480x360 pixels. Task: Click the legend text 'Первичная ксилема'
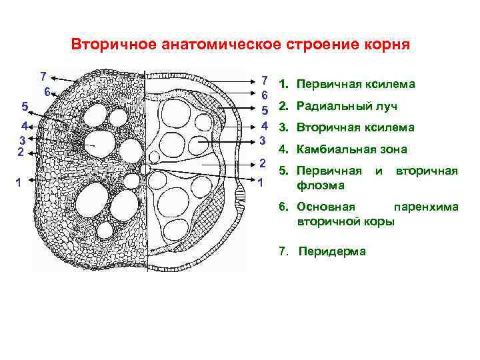[x=356, y=85]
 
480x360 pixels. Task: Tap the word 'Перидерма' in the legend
[x=332, y=251]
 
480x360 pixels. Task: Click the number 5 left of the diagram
[x=25, y=106]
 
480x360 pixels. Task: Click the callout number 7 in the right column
[x=265, y=79]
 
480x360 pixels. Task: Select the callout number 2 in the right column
[x=263, y=164]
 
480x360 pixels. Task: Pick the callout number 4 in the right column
[x=264, y=125]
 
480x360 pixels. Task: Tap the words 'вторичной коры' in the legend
[x=346, y=220]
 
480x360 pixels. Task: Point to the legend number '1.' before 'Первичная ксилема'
[x=284, y=85]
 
